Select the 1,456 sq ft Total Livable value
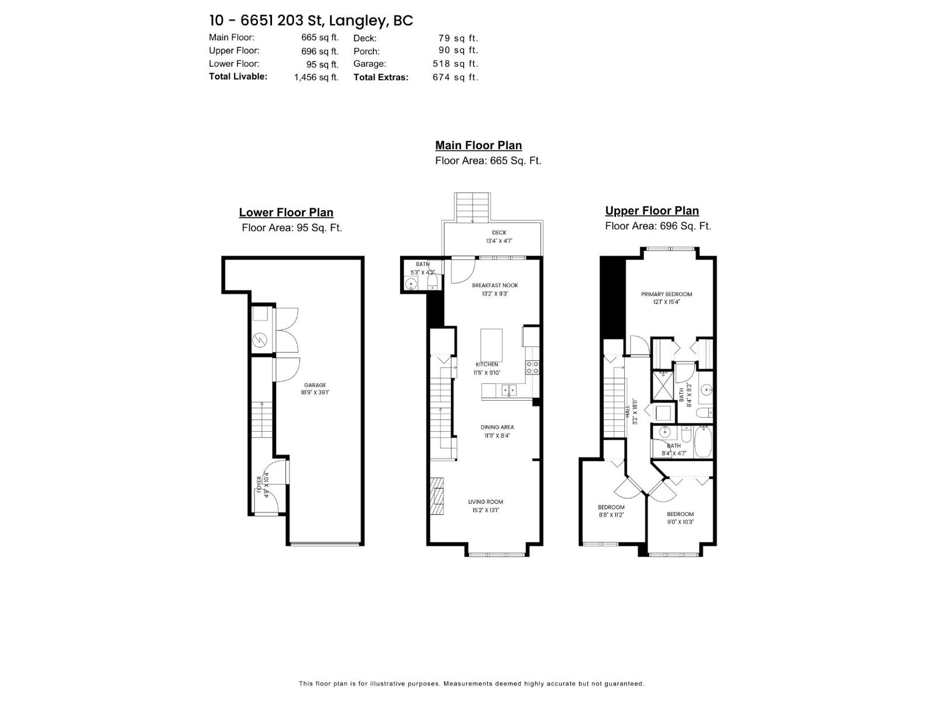pyautogui.click(x=316, y=77)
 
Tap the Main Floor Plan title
pyautogui.click(x=478, y=146)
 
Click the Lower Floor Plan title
pyautogui.click(x=286, y=213)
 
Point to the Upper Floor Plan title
pyautogui.click(x=652, y=211)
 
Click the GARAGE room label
pyautogui.click(x=315, y=385)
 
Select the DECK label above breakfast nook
pyautogui.click(x=499, y=233)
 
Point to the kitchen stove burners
pyautogui.click(x=532, y=367)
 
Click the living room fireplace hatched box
pyautogui.click(x=437, y=495)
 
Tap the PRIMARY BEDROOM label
pyautogui.click(x=666, y=294)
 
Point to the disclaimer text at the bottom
pyautogui.click(x=471, y=683)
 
